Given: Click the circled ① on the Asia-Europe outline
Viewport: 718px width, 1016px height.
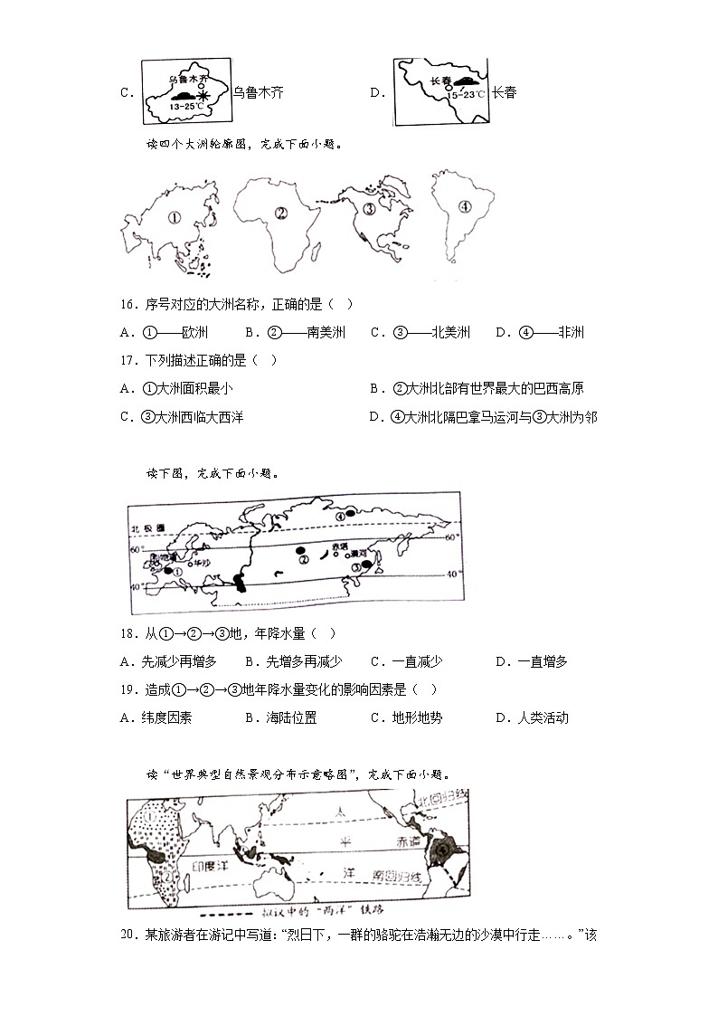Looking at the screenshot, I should tap(175, 217).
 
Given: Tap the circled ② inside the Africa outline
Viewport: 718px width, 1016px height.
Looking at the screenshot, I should tap(281, 214).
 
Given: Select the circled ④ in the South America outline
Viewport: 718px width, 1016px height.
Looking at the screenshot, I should tap(465, 206).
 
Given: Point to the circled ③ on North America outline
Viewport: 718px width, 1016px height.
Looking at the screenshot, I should tap(370, 210).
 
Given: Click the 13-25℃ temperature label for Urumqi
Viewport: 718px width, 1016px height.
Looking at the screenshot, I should tap(186, 106).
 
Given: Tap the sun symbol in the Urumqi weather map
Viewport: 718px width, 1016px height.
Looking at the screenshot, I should tap(203, 94).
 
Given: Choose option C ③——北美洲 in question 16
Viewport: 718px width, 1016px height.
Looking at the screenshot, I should tap(420, 333).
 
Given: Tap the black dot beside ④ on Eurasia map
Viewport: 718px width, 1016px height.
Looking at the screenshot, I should tap(352, 516).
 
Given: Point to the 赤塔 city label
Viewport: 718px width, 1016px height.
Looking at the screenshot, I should tap(339, 546).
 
